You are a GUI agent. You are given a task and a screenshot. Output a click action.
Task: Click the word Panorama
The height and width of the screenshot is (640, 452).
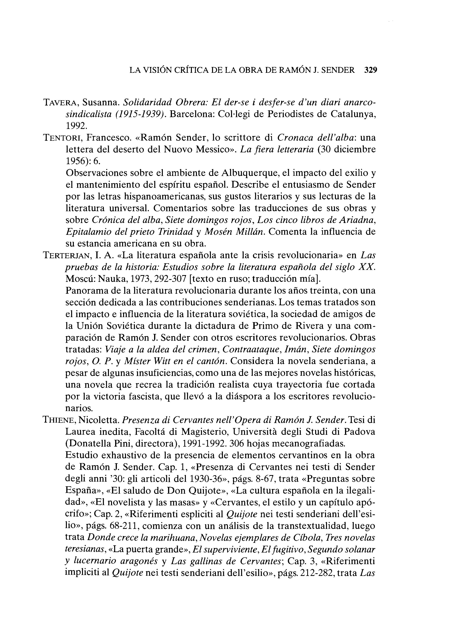point(88,291)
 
